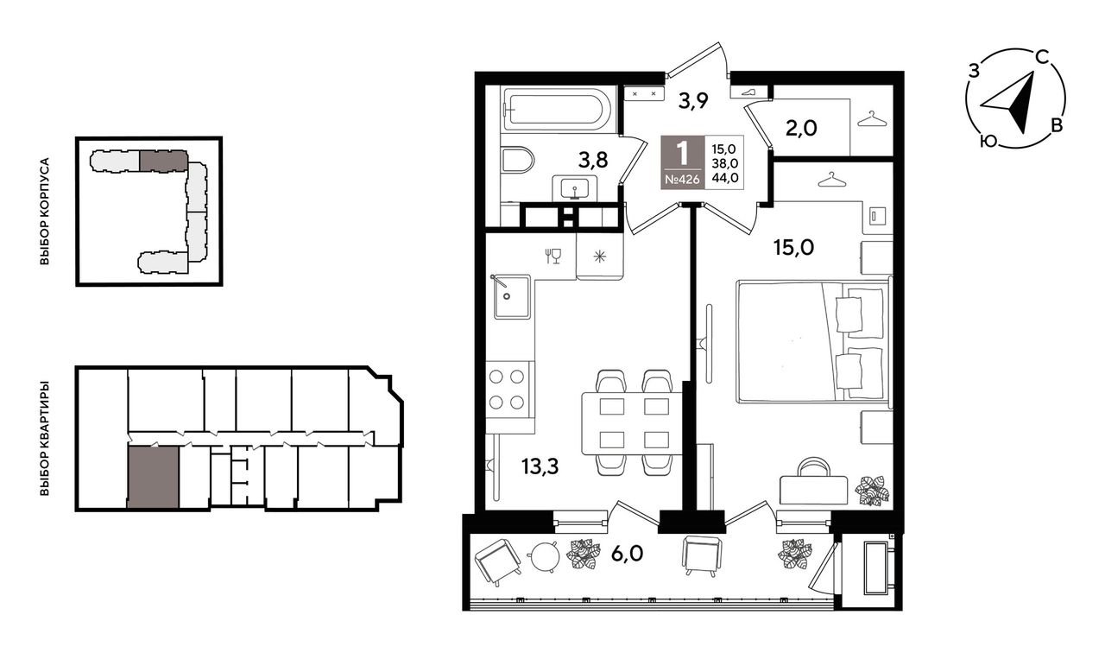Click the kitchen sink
point(512,296)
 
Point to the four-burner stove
point(507,390)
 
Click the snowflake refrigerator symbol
point(600,257)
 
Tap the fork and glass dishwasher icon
point(553,257)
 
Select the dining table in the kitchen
point(633,423)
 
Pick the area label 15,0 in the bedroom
point(793,248)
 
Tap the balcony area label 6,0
point(627,554)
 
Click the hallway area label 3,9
point(693,101)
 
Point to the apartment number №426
point(683,180)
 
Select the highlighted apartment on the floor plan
point(153,478)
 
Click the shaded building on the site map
point(163,161)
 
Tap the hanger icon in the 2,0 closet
point(872,119)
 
